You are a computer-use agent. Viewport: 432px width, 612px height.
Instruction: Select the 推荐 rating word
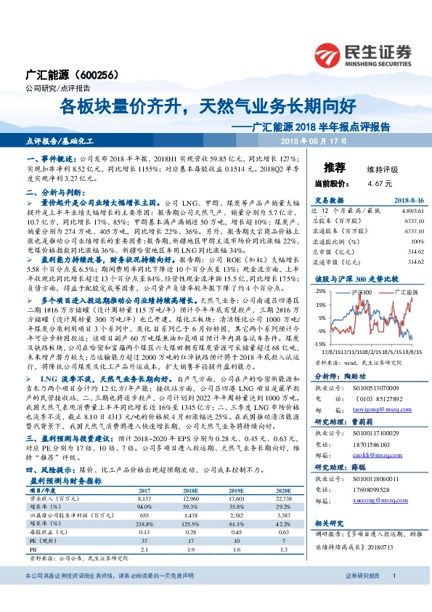[334, 166]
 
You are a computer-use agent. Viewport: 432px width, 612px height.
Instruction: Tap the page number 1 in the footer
[394, 597]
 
